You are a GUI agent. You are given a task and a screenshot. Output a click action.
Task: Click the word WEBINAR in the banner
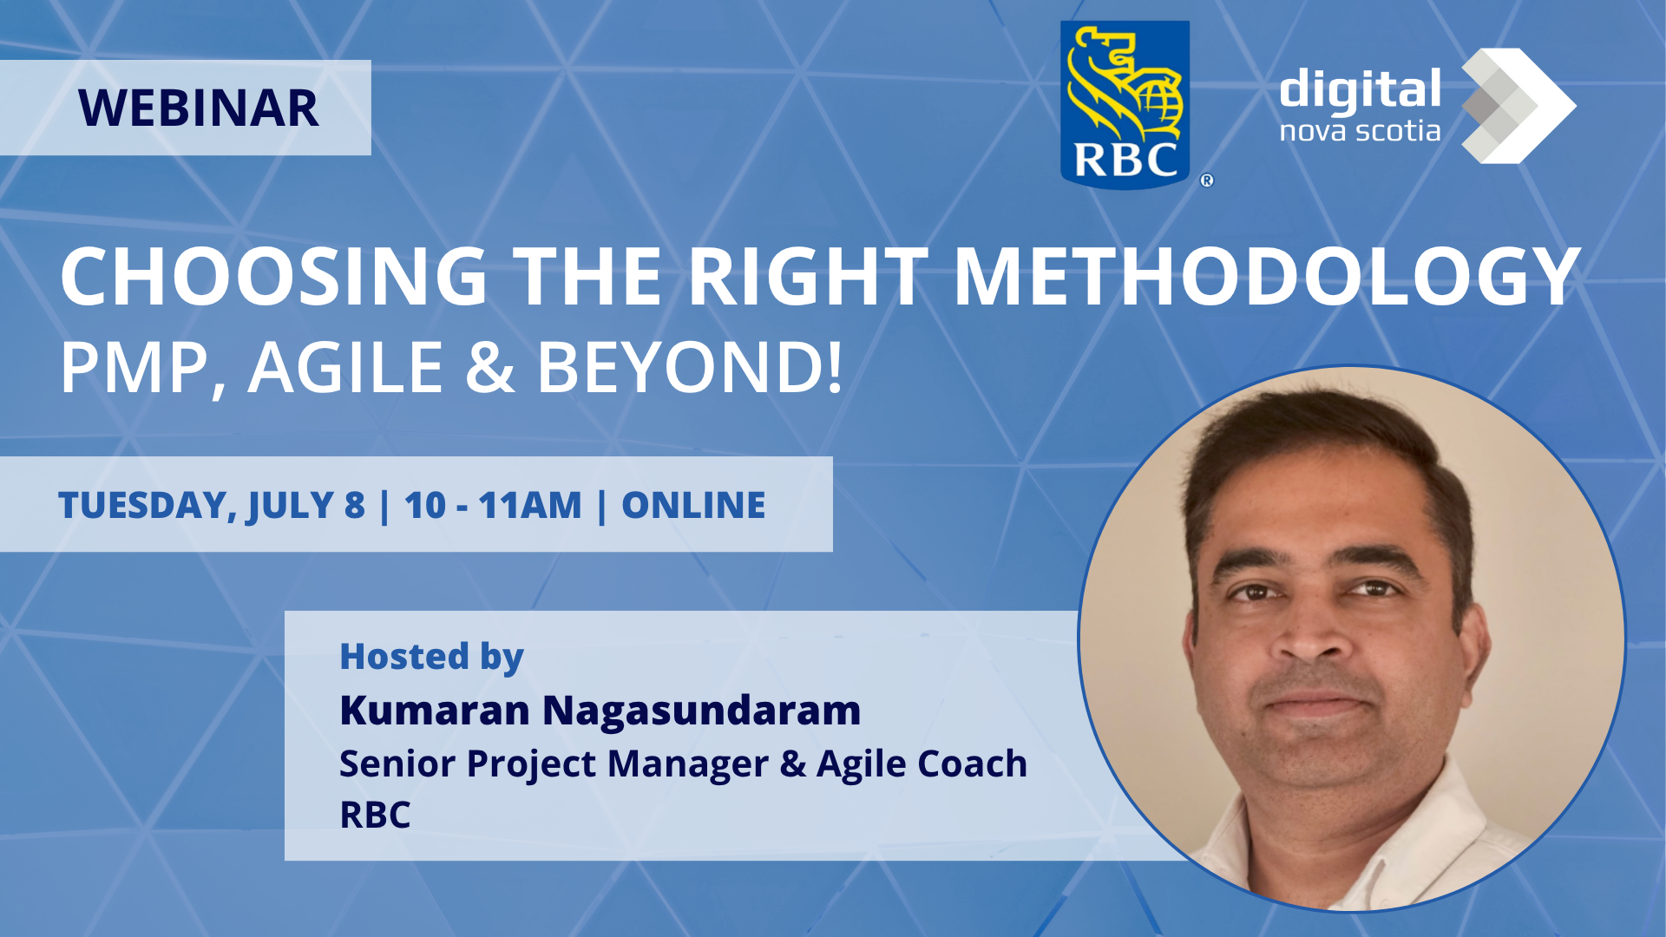pos(199,108)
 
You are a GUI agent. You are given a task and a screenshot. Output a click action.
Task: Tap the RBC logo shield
pos(1125,103)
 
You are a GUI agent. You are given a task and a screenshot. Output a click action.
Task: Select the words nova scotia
pos(1360,131)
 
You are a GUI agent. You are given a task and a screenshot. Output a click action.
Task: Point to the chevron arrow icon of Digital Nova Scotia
pos(1518,106)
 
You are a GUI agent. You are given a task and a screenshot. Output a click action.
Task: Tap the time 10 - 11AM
pos(493,505)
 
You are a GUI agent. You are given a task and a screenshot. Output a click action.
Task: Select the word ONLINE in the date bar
pos(693,505)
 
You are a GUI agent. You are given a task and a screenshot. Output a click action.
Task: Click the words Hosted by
pos(431,658)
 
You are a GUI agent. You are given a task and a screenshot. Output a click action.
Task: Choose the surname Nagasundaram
pos(701,710)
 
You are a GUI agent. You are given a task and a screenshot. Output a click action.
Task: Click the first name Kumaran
pos(435,710)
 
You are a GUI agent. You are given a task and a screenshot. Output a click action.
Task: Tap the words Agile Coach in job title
pos(922,763)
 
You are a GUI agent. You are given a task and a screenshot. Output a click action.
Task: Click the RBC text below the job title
pos(375,815)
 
